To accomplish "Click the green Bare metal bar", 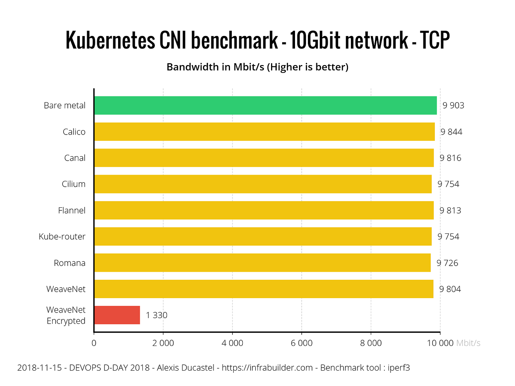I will (x=265, y=106).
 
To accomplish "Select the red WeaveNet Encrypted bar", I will (x=117, y=315).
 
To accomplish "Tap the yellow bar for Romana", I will (x=262, y=263).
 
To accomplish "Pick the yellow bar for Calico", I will (x=264, y=132).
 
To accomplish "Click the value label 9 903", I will (x=453, y=106).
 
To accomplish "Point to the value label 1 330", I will (x=156, y=315).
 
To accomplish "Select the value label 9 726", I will (x=447, y=263).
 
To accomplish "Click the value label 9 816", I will (x=450, y=158).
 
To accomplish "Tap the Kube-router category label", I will (x=62, y=237).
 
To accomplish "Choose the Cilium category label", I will (x=74, y=184).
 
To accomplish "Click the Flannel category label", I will (x=72, y=211).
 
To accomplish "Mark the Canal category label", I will (x=75, y=158).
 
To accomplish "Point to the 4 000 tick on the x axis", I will (x=232, y=343).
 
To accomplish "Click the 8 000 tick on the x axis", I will (x=371, y=343).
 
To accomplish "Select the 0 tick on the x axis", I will (x=94, y=343).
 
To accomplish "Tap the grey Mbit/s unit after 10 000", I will (x=468, y=343).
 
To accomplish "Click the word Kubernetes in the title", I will (x=110, y=40).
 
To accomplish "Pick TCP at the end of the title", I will (x=435, y=40).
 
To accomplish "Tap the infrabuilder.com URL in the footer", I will (x=267, y=368).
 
